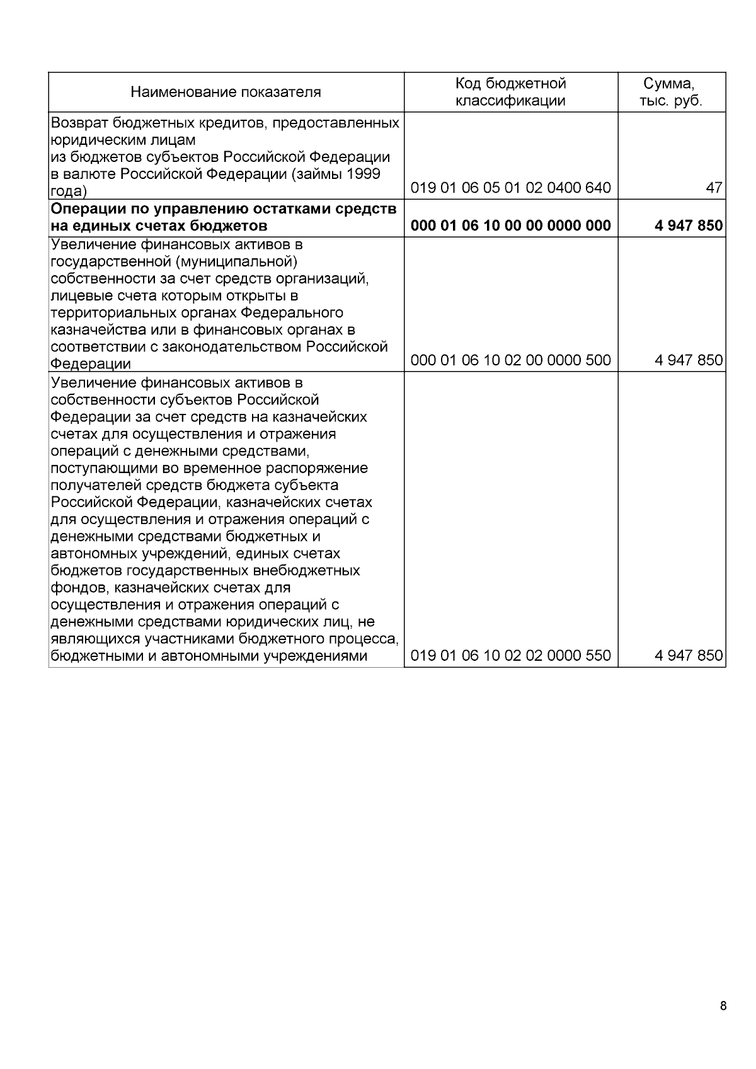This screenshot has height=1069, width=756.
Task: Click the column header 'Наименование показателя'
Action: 226,93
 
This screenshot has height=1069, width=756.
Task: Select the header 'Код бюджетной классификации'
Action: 510,92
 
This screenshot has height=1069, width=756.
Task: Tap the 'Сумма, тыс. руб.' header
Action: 671,92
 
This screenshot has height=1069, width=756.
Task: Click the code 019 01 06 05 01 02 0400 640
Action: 510,188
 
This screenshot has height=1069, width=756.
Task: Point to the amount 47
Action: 714,188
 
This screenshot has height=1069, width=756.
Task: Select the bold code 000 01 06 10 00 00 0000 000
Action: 510,226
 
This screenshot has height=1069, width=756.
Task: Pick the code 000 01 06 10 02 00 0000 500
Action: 510,360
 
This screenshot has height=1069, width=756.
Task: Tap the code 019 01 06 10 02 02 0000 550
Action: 510,656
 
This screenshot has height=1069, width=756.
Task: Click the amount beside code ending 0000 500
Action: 688,360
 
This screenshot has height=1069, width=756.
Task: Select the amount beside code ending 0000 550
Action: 688,656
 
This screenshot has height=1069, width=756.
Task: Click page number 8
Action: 723,1005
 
